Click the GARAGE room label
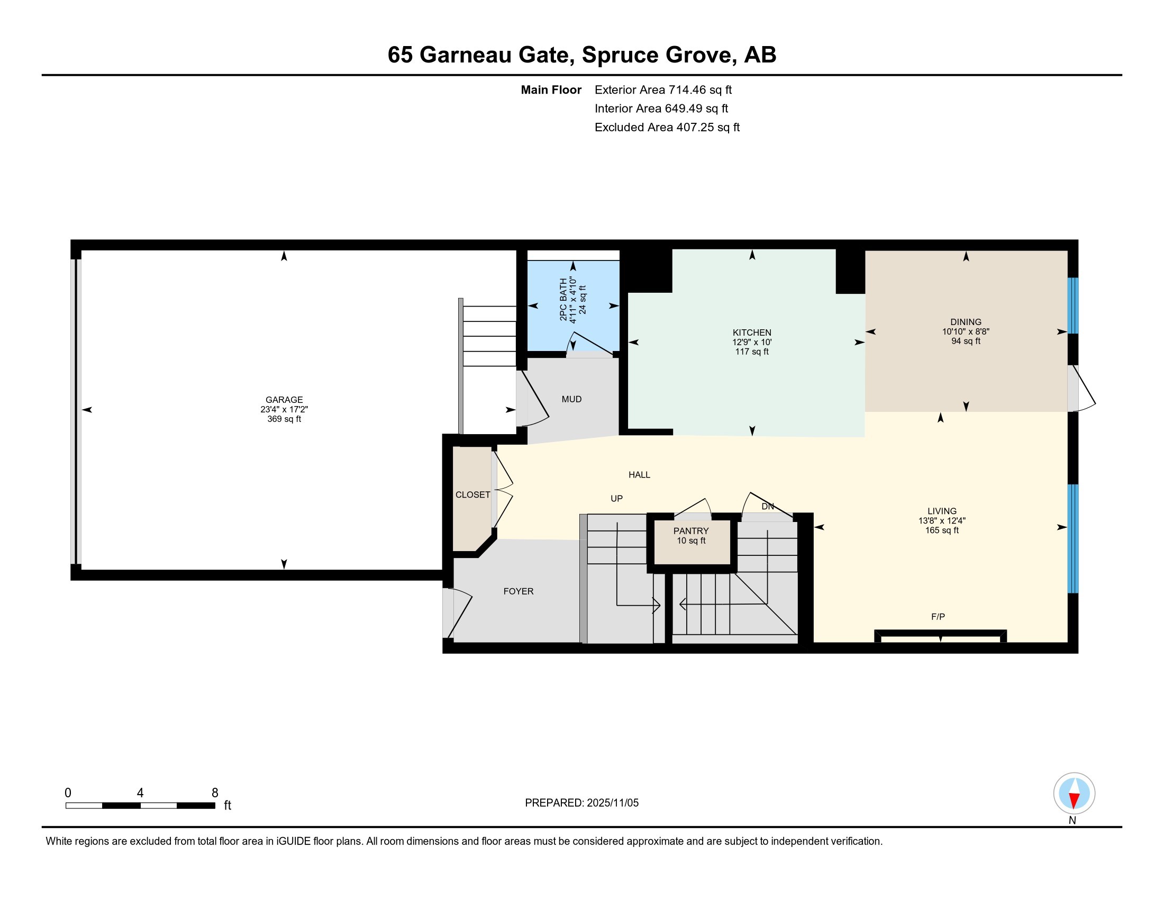pos(284,400)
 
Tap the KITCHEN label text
pos(751,332)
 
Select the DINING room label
pos(966,322)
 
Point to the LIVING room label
pos(942,511)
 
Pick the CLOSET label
pos(472,495)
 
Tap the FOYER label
pos(519,591)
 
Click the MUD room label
pos(571,399)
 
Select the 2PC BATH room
pos(573,306)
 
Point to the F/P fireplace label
pos(938,617)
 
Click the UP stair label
pos(616,499)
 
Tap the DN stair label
pos(768,507)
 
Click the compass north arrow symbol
pos(1074,794)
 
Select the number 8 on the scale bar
pos(215,793)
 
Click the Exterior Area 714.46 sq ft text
pos(663,90)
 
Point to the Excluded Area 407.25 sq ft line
pos(667,128)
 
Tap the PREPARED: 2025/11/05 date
pos(581,803)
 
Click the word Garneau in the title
pos(465,55)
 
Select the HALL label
pos(639,475)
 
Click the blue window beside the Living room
pos(1073,538)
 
